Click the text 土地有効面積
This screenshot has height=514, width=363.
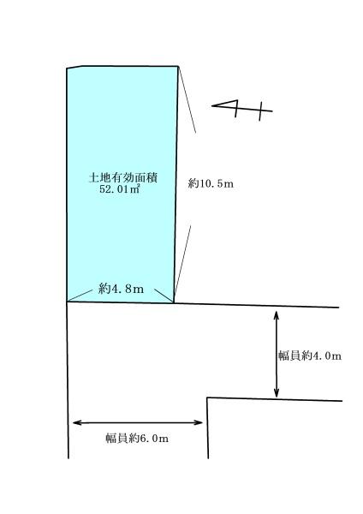tap(123, 177)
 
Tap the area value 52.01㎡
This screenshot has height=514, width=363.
tap(120, 188)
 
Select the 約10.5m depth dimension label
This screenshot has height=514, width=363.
tap(211, 183)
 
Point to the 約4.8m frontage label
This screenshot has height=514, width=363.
tap(121, 289)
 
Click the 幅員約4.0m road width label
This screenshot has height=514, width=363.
tap(310, 356)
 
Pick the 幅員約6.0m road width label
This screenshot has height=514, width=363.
tap(137, 439)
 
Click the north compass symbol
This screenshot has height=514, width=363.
tap(242, 110)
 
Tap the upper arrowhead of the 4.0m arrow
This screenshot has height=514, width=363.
tap(277, 314)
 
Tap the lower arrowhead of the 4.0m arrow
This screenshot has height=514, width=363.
tap(277, 393)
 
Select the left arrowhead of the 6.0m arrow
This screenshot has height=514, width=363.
tap(77, 423)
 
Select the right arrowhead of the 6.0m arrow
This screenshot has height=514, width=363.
tap(199, 422)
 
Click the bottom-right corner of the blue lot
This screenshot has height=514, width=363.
tap(174, 302)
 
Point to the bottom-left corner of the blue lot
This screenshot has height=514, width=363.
tap(67, 302)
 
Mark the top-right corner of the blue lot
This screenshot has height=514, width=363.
tap(178, 67)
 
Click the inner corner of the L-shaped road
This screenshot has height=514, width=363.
tap(207, 398)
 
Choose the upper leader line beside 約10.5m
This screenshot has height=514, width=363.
tap(187, 99)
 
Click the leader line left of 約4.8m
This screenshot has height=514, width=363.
tap(80, 296)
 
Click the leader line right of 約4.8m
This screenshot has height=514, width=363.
tap(164, 296)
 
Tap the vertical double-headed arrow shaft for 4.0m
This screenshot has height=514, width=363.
tap(277, 355)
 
